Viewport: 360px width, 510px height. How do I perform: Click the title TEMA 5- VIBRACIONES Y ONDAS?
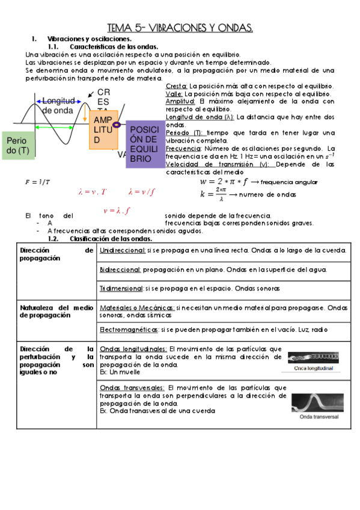point(180,28)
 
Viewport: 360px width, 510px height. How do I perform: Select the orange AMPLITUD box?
point(103,130)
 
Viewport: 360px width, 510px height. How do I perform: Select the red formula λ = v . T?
point(92,192)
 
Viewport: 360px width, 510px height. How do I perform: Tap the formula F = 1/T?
point(37,182)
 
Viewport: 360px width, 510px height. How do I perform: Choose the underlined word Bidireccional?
point(120,270)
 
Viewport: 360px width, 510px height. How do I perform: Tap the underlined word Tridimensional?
point(120,289)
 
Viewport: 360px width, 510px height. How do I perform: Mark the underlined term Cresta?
point(176,87)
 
